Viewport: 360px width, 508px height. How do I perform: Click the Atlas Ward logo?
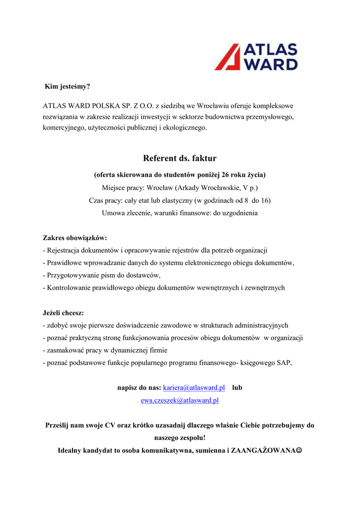[x=256, y=57]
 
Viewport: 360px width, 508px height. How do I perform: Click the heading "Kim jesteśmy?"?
[x=68, y=86]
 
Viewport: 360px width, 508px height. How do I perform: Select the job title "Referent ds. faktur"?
[x=180, y=158]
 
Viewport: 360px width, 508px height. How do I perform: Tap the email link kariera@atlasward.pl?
[x=194, y=387]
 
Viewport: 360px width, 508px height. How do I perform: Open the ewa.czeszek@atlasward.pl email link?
[x=180, y=400]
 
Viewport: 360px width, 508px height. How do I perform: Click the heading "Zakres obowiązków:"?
[x=75, y=238]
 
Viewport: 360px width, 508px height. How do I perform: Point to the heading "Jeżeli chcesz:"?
[x=63, y=313]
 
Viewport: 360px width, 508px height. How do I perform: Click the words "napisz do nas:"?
[x=139, y=387]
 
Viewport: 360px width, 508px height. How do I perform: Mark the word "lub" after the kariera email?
[x=237, y=387]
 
